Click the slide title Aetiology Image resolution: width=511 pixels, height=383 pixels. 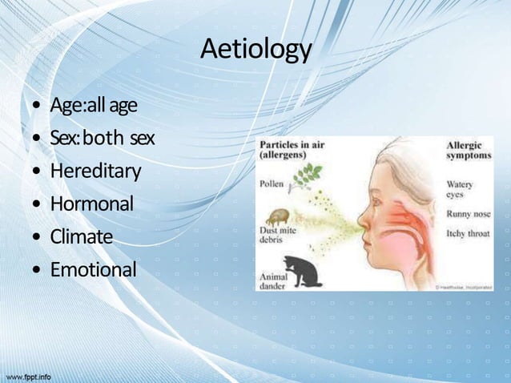(x=255, y=50)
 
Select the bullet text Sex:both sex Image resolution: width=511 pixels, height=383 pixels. (x=102, y=139)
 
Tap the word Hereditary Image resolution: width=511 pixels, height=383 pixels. (x=95, y=171)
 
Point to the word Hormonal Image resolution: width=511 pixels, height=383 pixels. (x=91, y=204)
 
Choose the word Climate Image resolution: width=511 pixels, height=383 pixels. (x=82, y=237)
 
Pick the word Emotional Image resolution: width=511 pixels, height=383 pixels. (x=93, y=270)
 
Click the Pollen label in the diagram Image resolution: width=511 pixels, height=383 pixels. (x=272, y=183)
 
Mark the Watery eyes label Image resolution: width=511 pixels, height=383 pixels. (x=461, y=188)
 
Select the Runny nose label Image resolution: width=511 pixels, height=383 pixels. (x=467, y=215)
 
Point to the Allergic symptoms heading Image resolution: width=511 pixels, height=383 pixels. (x=468, y=151)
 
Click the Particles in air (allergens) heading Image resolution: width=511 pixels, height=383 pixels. (x=289, y=149)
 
